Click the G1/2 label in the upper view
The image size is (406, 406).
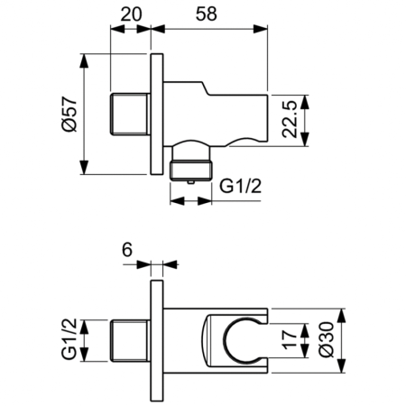(x=243, y=186)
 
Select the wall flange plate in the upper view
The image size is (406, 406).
(x=156, y=115)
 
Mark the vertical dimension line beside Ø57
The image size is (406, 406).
(x=84, y=115)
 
